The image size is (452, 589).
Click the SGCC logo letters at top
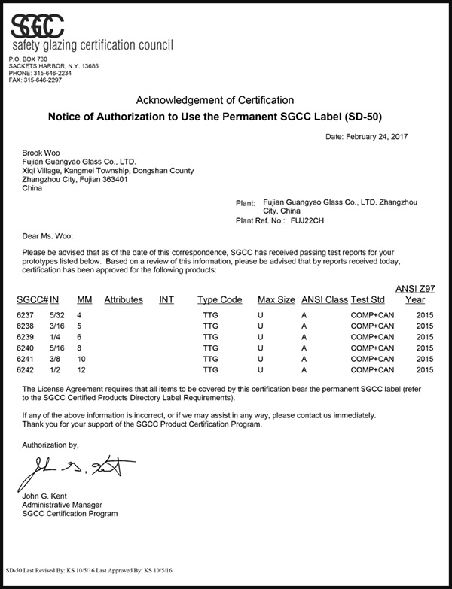(x=45, y=26)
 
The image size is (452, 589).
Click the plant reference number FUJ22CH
(x=308, y=221)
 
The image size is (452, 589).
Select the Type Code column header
(x=219, y=299)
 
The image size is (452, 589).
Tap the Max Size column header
(x=276, y=299)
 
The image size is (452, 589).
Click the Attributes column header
(x=124, y=299)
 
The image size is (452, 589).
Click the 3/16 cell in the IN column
(x=57, y=326)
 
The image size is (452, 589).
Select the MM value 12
(x=82, y=370)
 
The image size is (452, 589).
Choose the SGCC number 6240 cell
(x=25, y=348)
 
